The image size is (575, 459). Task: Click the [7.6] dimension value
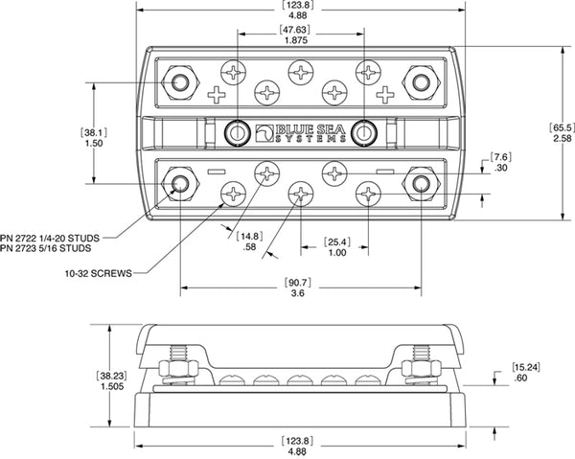click(501, 156)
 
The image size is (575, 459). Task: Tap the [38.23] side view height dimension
click(109, 377)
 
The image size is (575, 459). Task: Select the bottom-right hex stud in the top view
click(419, 181)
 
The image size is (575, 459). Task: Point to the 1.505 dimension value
click(109, 389)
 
